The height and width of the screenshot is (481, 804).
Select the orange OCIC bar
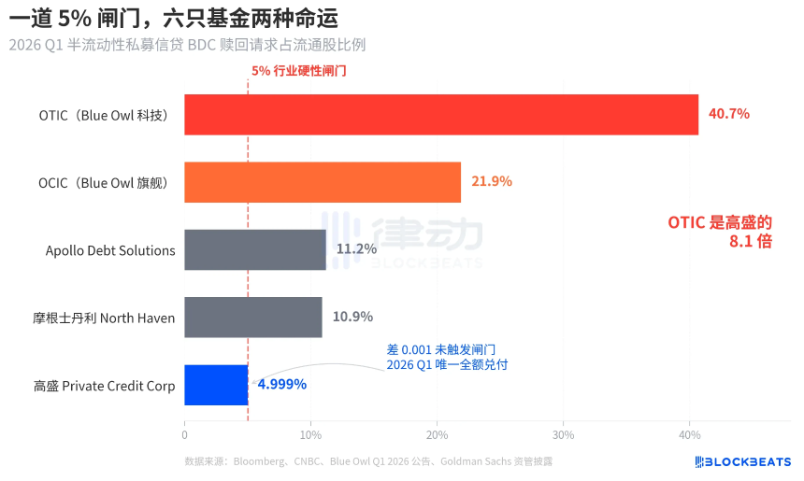pyautogui.click(x=323, y=182)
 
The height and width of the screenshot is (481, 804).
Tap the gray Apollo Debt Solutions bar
pyautogui.click(x=255, y=249)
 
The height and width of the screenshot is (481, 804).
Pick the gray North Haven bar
pyautogui.click(x=253, y=318)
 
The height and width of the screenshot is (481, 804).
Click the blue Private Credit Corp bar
pyautogui.click(x=216, y=385)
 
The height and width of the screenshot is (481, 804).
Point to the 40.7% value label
pyautogui.click(x=729, y=114)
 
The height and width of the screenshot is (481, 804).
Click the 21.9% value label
pyautogui.click(x=492, y=181)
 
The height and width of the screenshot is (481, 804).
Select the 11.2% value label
pyautogui.click(x=356, y=249)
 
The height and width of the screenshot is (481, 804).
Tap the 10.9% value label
pyautogui.click(x=352, y=317)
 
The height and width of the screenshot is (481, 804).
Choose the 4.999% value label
pyautogui.click(x=282, y=384)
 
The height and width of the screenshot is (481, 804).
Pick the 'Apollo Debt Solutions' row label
pyautogui.click(x=110, y=250)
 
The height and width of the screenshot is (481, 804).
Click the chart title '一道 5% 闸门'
pyautogui.click(x=174, y=19)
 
